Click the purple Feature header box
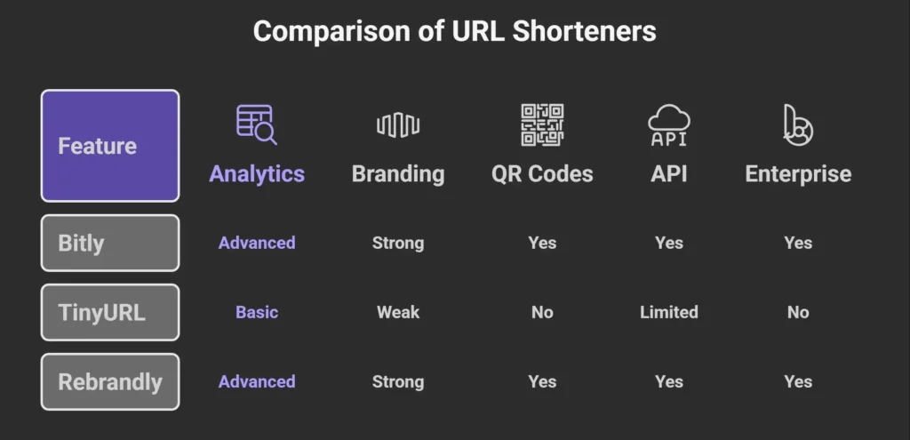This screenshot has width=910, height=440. pos(109,146)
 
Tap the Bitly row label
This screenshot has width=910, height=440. pos(109,243)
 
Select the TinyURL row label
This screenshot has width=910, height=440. pos(109,312)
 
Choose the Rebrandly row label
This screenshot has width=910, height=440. pos(109,382)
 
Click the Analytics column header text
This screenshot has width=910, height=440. pos(257,174)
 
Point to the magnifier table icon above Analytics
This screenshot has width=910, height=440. pos(256,124)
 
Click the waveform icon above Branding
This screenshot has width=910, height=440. pos(397,125)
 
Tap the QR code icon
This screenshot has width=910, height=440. pos(542,124)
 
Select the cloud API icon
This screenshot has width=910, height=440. pos(668,125)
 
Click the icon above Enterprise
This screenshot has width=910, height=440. pos(797,124)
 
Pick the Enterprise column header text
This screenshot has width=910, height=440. pos(797,174)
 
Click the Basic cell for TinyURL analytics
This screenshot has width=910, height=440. pos(257,312)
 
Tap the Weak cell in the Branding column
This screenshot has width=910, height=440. pos(397,312)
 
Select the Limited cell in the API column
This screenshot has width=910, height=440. pos(668,312)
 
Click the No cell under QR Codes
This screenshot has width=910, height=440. pos(542,312)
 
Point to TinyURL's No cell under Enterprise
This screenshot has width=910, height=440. pos(797,312)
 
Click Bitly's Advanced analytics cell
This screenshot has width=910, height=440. pos(257,243)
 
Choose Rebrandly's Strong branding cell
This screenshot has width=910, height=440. pos(397,381)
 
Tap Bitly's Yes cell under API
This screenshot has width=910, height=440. pos(668,243)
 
